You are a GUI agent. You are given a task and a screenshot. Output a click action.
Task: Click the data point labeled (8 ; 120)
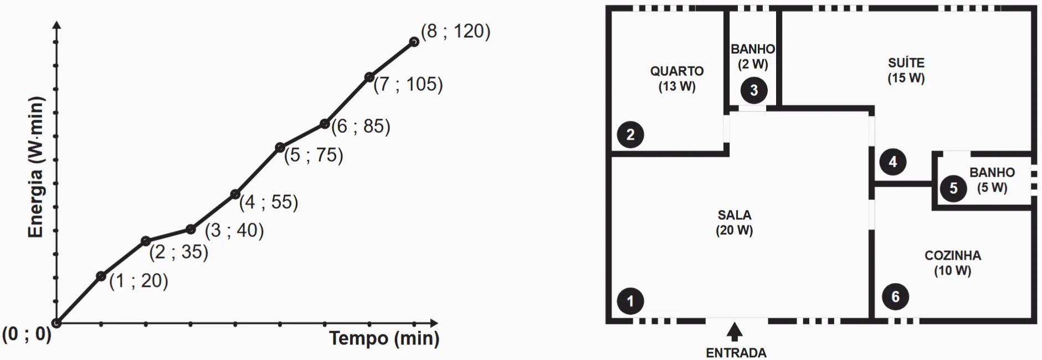click(414, 42)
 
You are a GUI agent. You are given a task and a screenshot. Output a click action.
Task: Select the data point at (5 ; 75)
click(280, 147)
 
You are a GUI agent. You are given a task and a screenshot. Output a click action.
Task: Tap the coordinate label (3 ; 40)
click(234, 230)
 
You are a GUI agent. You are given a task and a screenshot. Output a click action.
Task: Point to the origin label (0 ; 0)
click(27, 335)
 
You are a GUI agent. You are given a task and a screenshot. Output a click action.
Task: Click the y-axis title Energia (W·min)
click(35, 167)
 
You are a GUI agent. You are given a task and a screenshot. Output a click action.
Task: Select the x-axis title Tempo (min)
click(384, 338)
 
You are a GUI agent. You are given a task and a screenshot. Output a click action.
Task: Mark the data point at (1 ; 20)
click(101, 276)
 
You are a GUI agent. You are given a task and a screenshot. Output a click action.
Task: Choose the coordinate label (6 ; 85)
click(361, 126)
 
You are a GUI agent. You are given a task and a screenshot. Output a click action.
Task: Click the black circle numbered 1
click(630, 301)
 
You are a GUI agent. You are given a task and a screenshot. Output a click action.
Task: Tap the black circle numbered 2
click(630, 134)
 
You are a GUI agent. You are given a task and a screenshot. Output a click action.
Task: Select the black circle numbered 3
click(753, 90)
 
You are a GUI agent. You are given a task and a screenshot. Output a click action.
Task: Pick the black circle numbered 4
click(892, 162)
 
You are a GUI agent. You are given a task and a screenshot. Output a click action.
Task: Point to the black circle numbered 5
click(953, 188)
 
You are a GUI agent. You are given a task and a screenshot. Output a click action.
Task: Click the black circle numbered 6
click(895, 297)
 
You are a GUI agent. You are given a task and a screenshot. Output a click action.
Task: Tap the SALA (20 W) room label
click(734, 223)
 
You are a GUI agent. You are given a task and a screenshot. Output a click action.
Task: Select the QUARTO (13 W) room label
click(676, 79)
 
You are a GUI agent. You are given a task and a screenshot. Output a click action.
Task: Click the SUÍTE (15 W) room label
click(906, 70)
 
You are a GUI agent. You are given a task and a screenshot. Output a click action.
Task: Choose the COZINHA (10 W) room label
click(952, 263)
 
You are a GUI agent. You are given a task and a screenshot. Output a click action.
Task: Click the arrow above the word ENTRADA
click(735, 332)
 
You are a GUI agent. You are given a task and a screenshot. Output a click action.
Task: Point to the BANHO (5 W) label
click(992, 180)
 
